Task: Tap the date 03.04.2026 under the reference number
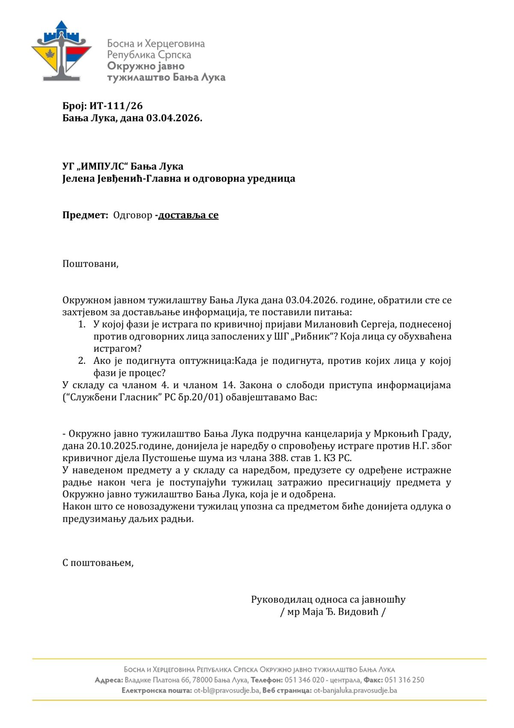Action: click(173, 118)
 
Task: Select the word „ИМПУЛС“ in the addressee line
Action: click(102, 166)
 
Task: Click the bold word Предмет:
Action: click(85, 215)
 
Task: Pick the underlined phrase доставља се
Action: click(188, 215)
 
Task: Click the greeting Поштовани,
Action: click(90, 263)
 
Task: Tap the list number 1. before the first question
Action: click(82, 324)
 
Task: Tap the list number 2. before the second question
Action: click(82, 361)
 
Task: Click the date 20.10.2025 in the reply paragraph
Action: click(112, 446)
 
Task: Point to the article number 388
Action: click(278, 458)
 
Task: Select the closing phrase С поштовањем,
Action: click(98, 563)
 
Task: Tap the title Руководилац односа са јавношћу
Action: click(328, 599)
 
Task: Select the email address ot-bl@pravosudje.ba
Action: click(227, 691)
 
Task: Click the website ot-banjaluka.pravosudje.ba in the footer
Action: click(355, 691)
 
